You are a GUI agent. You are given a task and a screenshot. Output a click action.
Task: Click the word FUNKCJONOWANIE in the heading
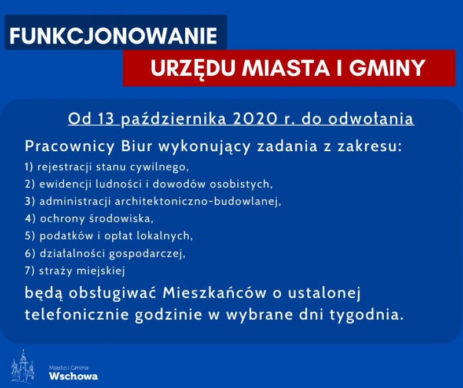click(x=113, y=36)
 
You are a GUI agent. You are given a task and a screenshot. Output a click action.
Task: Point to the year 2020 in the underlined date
click(x=255, y=119)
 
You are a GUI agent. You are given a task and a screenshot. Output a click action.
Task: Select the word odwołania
click(x=370, y=119)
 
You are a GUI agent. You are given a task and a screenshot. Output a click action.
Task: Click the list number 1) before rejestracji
click(x=29, y=167)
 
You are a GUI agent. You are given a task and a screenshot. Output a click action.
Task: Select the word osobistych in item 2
click(x=241, y=184)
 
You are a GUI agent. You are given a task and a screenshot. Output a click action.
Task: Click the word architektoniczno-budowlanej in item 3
click(x=197, y=202)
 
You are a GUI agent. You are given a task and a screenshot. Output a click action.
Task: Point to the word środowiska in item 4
click(x=122, y=219)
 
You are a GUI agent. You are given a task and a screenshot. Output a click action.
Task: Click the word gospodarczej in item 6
click(x=147, y=254)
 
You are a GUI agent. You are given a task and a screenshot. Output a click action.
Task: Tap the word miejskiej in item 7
click(x=100, y=271)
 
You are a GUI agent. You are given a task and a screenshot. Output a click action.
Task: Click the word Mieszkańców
click(x=214, y=293)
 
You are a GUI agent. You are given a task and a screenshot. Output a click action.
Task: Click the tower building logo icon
click(x=23, y=366)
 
